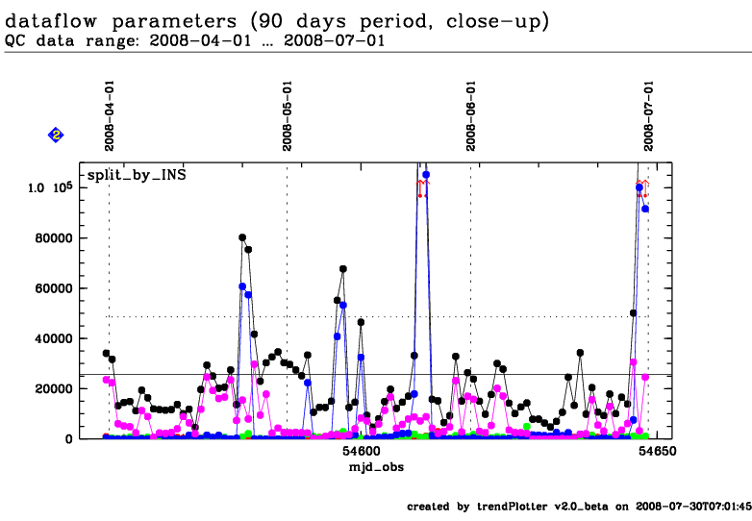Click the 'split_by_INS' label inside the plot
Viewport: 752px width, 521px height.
click(137, 175)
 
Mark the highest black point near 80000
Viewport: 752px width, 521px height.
click(242, 237)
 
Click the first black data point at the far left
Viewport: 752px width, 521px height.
click(106, 354)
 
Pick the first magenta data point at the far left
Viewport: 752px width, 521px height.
click(106, 380)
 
